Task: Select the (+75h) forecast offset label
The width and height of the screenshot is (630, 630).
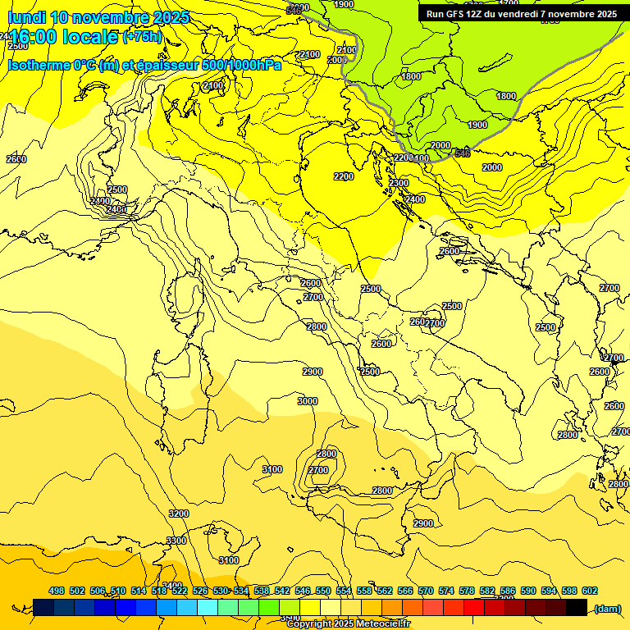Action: click(x=142, y=37)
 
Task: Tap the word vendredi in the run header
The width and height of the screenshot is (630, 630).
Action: click(x=520, y=14)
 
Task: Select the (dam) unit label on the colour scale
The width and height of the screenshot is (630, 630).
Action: click(x=606, y=609)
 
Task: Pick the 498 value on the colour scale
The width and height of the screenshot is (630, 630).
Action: click(x=57, y=591)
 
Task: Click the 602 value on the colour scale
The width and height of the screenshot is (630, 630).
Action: click(x=590, y=591)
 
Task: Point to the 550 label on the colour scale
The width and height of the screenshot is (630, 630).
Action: click(x=323, y=591)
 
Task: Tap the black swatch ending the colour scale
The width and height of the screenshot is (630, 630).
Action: click(x=577, y=607)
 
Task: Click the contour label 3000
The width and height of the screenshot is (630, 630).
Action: click(x=308, y=401)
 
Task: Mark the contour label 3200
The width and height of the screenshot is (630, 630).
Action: click(x=178, y=514)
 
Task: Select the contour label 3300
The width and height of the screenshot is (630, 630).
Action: click(x=176, y=541)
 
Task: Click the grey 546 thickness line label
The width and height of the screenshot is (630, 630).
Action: click(x=463, y=153)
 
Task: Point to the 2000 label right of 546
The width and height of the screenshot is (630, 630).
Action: click(x=492, y=167)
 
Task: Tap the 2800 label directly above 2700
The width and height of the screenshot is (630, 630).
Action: click(x=326, y=454)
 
